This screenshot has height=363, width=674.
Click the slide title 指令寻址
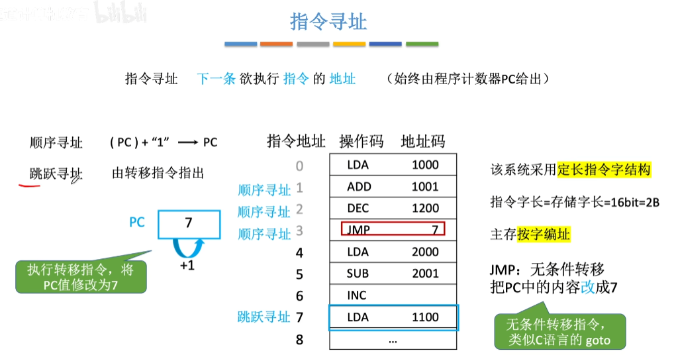tap(328, 21)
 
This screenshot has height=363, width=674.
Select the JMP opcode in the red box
tap(359, 230)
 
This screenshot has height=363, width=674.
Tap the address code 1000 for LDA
tap(424, 165)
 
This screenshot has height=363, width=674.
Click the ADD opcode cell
tap(359, 187)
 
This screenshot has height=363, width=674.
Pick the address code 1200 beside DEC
tap(424, 208)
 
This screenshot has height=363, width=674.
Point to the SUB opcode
tap(358, 274)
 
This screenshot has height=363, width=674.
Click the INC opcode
tap(356, 295)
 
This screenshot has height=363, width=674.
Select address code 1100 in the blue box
tap(424, 317)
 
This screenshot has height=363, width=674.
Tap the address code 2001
tap(424, 274)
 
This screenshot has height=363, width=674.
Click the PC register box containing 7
tap(189, 224)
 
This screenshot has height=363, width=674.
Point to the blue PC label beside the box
tap(136, 223)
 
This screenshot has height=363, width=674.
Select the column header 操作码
tap(361, 141)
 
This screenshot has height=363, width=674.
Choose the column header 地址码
tap(423, 141)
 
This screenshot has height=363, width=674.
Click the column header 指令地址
tap(296, 141)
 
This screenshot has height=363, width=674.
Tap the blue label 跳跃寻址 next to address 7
tap(264, 317)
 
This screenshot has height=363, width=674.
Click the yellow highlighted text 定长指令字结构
tap(604, 170)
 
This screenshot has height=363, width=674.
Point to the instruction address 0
tap(299, 166)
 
